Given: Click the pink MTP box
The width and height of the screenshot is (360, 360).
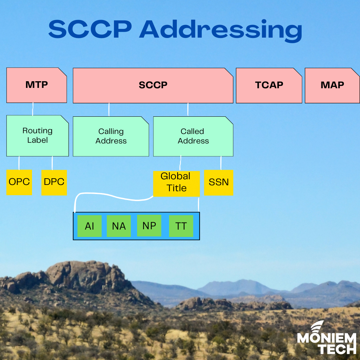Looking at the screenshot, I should pyautogui.click(x=37, y=85).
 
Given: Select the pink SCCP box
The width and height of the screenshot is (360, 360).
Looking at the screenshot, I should pyautogui.click(x=153, y=85).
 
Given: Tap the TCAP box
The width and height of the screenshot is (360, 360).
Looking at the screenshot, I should pyautogui.click(x=269, y=85).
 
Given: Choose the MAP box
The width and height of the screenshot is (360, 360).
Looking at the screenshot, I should pyautogui.click(x=332, y=85).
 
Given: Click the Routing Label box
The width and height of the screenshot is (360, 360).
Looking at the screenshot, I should pyautogui.click(x=37, y=136).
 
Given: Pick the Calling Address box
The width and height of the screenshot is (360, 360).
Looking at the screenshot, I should pyautogui.click(x=111, y=136).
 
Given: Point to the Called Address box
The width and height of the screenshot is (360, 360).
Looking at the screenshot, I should pyautogui.click(x=193, y=136).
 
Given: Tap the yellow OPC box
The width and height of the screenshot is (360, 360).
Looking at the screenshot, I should pyautogui.click(x=19, y=182).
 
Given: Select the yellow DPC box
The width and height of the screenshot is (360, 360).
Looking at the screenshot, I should pyautogui.click(x=54, y=182).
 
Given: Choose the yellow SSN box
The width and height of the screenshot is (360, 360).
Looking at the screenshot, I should pyautogui.click(x=218, y=182).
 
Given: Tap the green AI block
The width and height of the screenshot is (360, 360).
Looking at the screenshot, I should pyautogui.click(x=89, y=226).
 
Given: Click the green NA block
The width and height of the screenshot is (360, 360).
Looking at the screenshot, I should pyautogui.click(x=118, y=226).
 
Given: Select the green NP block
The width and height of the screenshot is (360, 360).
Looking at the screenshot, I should pyautogui.click(x=149, y=225).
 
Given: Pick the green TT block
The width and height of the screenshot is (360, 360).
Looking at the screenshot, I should pyautogui.click(x=181, y=226).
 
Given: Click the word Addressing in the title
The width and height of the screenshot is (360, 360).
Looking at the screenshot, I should pyautogui.click(x=220, y=30).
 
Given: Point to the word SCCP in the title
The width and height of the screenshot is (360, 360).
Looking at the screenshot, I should pyautogui.click(x=90, y=30).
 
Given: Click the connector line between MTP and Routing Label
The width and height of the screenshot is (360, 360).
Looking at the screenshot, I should pyautogui.click(x=33, y=109).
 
